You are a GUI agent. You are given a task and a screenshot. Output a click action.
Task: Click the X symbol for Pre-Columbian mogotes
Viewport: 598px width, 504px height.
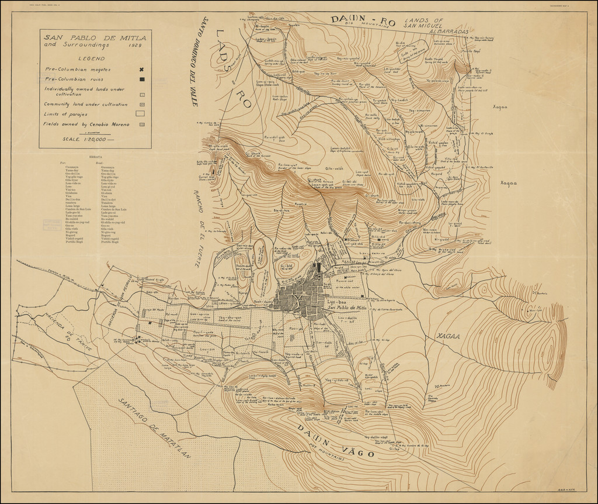(x=141, y=70)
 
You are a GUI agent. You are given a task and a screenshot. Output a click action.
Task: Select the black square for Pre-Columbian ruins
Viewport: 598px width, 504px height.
(x=141, y=79)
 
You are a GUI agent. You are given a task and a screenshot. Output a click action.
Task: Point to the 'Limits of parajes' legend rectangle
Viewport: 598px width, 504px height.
(x=141, y=114)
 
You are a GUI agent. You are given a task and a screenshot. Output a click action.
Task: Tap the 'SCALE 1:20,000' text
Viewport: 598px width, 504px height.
(x=88, y=139)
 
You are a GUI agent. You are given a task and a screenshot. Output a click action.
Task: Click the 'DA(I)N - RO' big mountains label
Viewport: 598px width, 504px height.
(x=363, y=20)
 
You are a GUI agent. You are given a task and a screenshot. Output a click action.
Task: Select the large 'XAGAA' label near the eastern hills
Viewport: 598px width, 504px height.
(x=447, y=337)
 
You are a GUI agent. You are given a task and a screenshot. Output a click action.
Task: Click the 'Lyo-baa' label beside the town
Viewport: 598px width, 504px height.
(x=338, y=302)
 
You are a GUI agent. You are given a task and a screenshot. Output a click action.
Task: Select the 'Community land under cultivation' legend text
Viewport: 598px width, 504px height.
(x=86, y=104)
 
